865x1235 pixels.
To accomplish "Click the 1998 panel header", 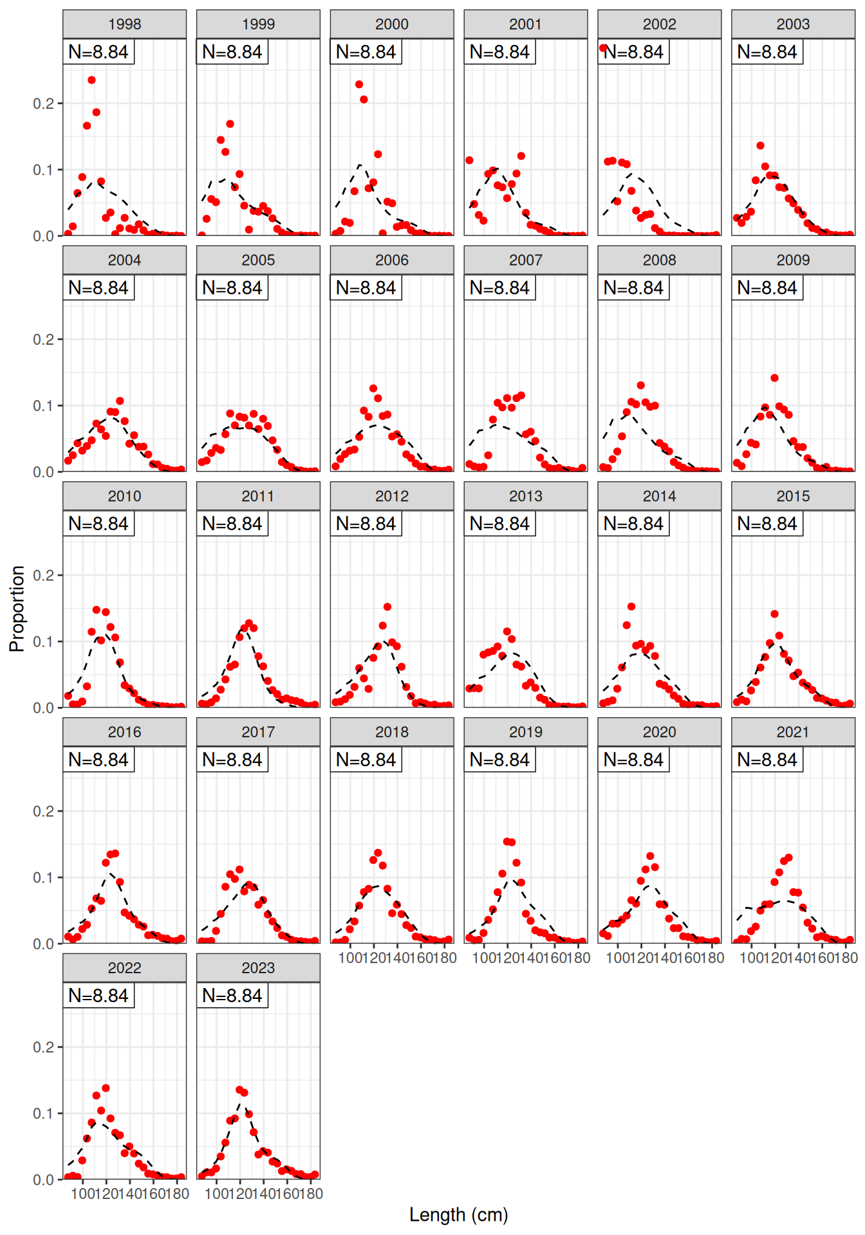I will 124,24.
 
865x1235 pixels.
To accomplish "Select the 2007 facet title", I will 525,261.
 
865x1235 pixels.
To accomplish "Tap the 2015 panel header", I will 793,497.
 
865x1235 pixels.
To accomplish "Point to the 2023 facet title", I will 258,968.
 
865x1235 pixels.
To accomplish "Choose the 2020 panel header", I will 659,732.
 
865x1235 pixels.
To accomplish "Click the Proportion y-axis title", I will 17,608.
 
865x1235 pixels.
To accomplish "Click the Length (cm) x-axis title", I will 458,1215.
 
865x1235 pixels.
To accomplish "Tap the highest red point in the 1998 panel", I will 91,80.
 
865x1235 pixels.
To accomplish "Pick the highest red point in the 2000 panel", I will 359,85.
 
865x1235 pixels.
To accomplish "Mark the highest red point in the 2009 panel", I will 774,378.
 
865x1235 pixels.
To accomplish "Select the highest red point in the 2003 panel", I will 760,146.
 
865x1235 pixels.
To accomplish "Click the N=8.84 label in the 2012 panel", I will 366,524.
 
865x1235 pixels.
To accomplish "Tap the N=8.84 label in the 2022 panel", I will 98,996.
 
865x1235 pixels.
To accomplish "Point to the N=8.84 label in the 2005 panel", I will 232,288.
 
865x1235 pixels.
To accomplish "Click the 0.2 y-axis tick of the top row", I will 44,104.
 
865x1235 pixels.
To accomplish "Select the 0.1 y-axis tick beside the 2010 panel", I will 44,642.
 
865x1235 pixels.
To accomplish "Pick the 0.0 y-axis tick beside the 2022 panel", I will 44,1180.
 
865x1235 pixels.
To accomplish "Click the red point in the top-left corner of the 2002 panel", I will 603,48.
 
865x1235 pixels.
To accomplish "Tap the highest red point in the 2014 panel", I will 631,607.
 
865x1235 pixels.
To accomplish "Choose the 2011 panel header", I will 258,497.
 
